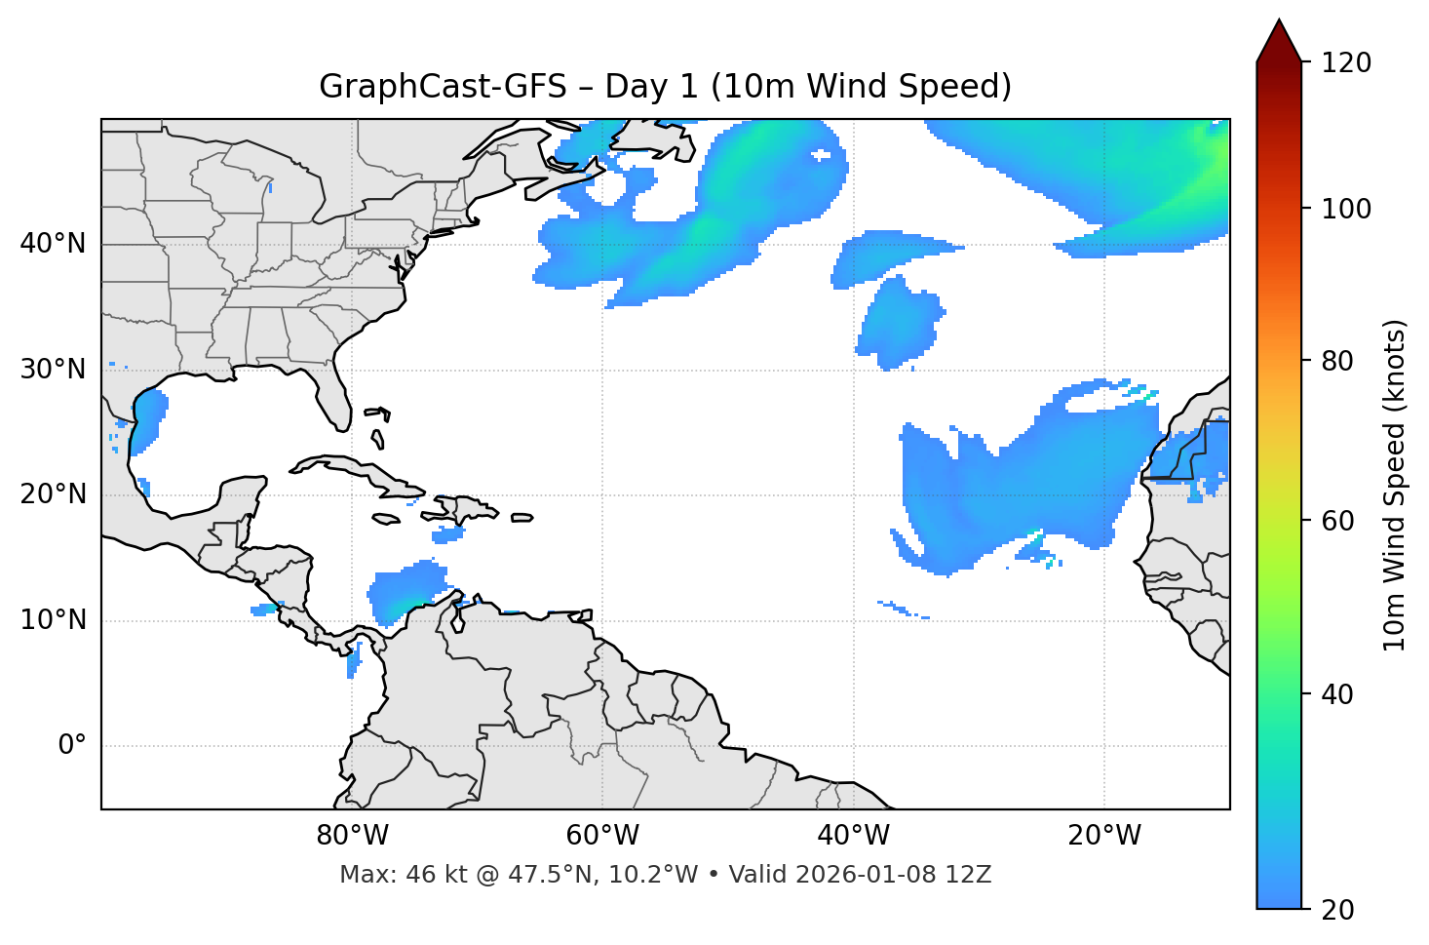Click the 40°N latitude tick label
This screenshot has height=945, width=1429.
click(53, 244)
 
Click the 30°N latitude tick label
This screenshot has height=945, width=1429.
click(53, 370)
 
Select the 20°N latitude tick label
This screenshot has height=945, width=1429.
click(53, 494)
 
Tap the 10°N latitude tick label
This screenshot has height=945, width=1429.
click(53, 620)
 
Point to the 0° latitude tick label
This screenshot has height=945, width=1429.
click(72, 746)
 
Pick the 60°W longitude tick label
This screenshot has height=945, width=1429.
click(602, 836)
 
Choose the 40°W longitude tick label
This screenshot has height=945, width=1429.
click(854, 836)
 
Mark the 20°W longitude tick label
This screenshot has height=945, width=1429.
click(1104, 836)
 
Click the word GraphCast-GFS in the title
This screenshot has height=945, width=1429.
click(443, 87)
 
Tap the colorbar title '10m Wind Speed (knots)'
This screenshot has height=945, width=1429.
click(1395, 485)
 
